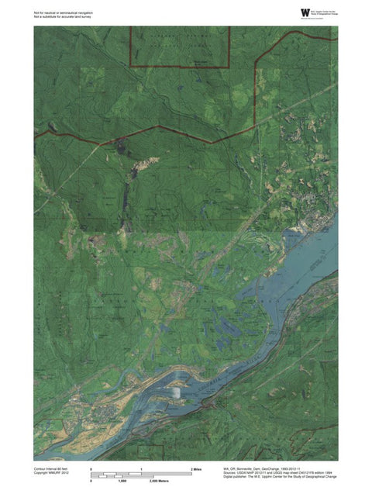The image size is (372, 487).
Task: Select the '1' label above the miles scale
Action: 141,470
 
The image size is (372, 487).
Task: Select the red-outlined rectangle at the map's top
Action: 181,47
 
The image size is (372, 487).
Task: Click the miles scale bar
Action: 141,474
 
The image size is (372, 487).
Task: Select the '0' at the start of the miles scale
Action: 91,470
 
